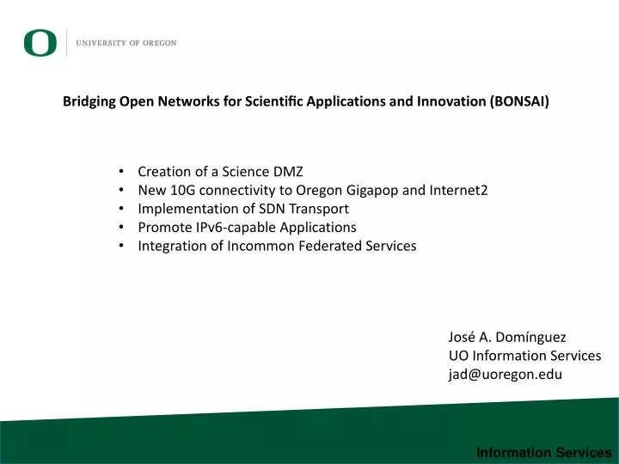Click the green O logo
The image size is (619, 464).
[x=40, y=42]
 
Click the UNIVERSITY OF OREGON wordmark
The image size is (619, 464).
[x=126, y=43]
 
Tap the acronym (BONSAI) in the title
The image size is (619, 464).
[x=519, y=101]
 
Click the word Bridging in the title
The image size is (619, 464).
[x=89, y=101]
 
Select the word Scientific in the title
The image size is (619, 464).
[x=274, y=101]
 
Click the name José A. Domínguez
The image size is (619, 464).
[x=507, y=337]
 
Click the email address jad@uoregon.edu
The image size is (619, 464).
[x=505, y=374]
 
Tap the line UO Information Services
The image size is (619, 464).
[x=524, y=356]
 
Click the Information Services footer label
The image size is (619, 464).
[x=543, y=452]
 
